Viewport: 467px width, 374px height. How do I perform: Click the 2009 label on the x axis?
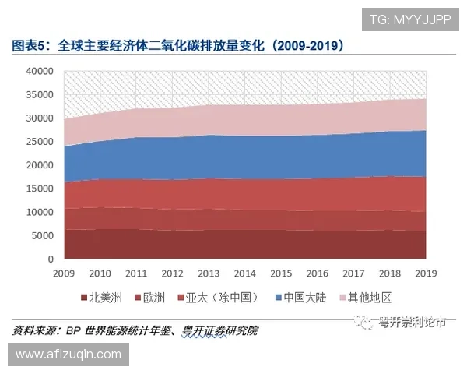point(65,273)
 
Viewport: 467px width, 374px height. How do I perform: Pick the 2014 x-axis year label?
point(245,273)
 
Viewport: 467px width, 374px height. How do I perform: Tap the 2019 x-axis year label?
point(426,273)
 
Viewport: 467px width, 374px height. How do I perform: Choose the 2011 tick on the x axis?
point(137,273)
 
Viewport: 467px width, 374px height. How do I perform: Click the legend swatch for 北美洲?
point(83,297)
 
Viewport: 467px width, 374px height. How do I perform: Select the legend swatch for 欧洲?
point(136,297)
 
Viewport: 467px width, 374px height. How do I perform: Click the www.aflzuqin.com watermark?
point(68,355)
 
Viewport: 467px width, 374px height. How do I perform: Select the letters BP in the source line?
point(74,330)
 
